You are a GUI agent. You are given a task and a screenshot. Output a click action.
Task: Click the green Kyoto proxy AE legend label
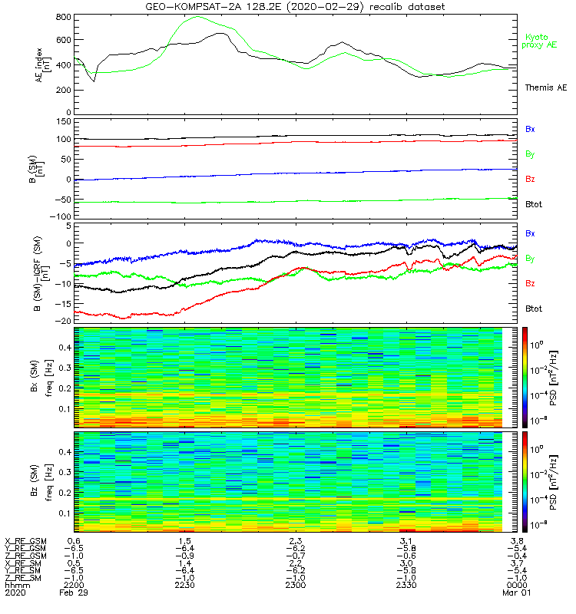coord(541,41)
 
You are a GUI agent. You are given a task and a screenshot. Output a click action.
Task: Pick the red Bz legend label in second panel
coord(530,179)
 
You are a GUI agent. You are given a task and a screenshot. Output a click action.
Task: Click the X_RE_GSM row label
coord(25,540)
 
